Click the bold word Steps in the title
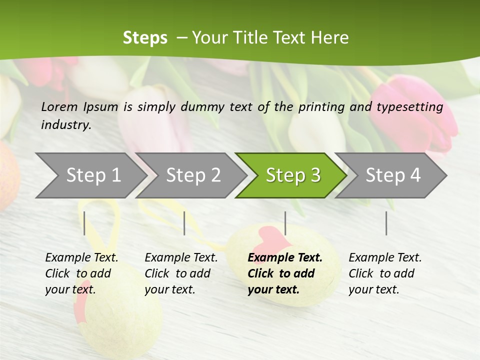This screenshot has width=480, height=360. point(145,37)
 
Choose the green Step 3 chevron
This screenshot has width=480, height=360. point(293,175)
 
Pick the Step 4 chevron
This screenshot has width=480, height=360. point(393,175)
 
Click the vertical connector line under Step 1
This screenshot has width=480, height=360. point(84,223)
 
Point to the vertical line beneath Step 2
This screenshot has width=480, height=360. point(184,223)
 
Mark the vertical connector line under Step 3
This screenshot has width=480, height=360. point(285,223)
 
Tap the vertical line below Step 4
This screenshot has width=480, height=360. point(386,223)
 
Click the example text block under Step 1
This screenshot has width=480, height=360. point(81,273)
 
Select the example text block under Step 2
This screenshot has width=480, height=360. point(181,273)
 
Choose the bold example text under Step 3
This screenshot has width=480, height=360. point(284,273)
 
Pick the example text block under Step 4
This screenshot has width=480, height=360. point(385,273)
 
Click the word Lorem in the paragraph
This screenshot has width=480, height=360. point(59,106)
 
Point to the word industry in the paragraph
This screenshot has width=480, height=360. point(66,124)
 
